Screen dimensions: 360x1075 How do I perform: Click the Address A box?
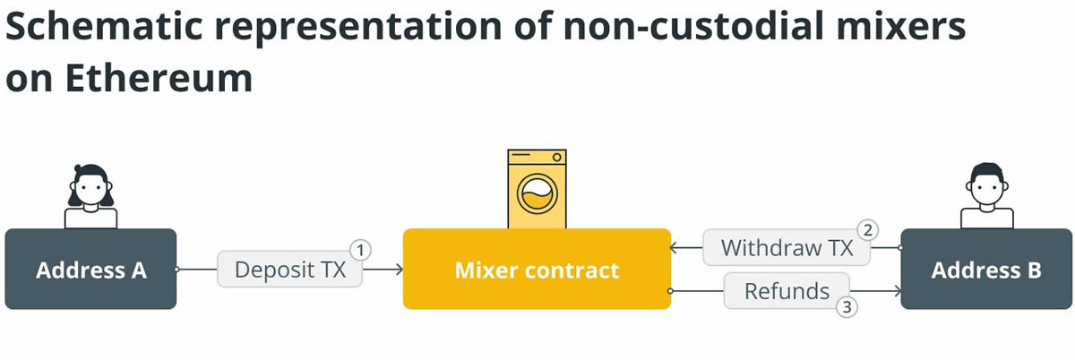tap(90, 270)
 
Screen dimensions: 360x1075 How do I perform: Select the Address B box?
tap(986, 270)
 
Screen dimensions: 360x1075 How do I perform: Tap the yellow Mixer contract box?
tap(537, 270)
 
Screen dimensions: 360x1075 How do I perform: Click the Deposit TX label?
tap(289, 270)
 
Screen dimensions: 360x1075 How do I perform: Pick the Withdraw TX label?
tap(787, 248)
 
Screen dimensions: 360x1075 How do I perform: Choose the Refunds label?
tap(787, 291)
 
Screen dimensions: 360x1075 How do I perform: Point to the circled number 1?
tap(359, 249)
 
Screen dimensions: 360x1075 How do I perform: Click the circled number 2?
tap(866, 228)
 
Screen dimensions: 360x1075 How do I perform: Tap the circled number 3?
tap(847, 308)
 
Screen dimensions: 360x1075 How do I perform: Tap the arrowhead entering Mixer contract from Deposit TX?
tap(398, 269)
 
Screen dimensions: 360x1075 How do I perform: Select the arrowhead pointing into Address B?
tap(895, 291)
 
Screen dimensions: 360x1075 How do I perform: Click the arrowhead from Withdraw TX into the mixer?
tap(675, 248)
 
